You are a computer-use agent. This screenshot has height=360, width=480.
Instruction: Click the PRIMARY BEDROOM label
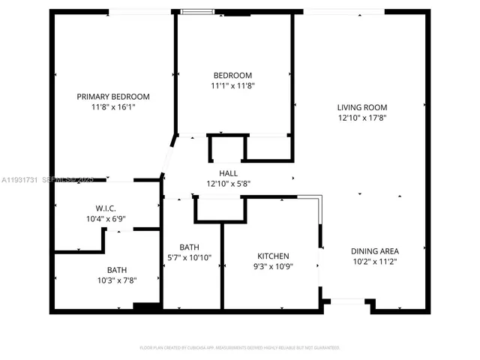pyautogui.click(x=113, y=97)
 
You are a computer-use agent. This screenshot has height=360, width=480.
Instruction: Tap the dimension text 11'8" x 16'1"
pyautogui.click(x=113, y=107)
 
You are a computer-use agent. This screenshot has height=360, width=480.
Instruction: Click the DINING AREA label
pyautogui.click(x=375, y=251)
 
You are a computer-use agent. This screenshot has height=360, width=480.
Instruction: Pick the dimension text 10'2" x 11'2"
pyautogui.click(x=375, y=262)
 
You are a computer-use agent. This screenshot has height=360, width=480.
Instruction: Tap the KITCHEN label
pyautogui.click(x=274, y=255)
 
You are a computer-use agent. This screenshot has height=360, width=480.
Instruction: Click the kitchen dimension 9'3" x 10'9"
pyautogui.click(x=274, y=265)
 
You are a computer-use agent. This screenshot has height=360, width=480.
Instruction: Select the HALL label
pyautogui.click(x=229, y=173)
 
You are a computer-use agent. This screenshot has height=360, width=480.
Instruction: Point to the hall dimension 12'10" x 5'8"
pyautogui.click(x=229, y=184)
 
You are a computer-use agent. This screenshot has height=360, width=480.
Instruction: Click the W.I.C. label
pyautogui.click(x=105, y=208)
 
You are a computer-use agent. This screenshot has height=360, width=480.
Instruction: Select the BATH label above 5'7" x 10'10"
pyautogui.click(x=189, y=247)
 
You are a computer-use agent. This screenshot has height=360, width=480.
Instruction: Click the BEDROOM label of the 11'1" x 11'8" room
pyautogui.click(x=232, y=75)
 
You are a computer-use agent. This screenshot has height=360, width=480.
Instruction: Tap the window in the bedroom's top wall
pyautogui.click(x=196, y=11)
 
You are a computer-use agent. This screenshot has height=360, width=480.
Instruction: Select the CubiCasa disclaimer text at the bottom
pyautogui.click(x=240, y=347)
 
